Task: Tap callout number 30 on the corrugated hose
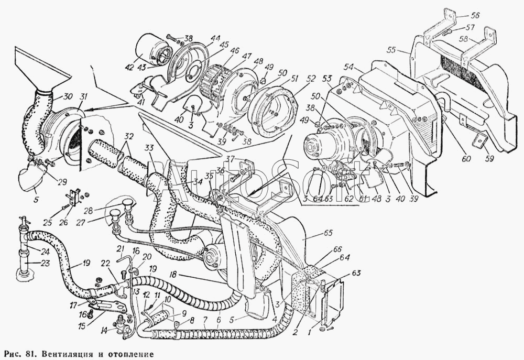(68, 96)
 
